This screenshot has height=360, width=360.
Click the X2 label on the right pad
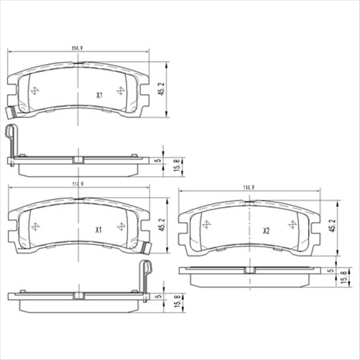click(x=266, y=231)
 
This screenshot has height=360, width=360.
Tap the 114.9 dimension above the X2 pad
click(x=249, y=188)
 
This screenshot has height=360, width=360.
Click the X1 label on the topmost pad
click(x=100, y=94)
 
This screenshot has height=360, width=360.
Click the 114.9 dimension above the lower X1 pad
click(x=77, y=185)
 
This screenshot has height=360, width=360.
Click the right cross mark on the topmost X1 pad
click(x=121, y=90)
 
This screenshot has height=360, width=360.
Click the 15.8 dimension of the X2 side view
click(x=341, y=277)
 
